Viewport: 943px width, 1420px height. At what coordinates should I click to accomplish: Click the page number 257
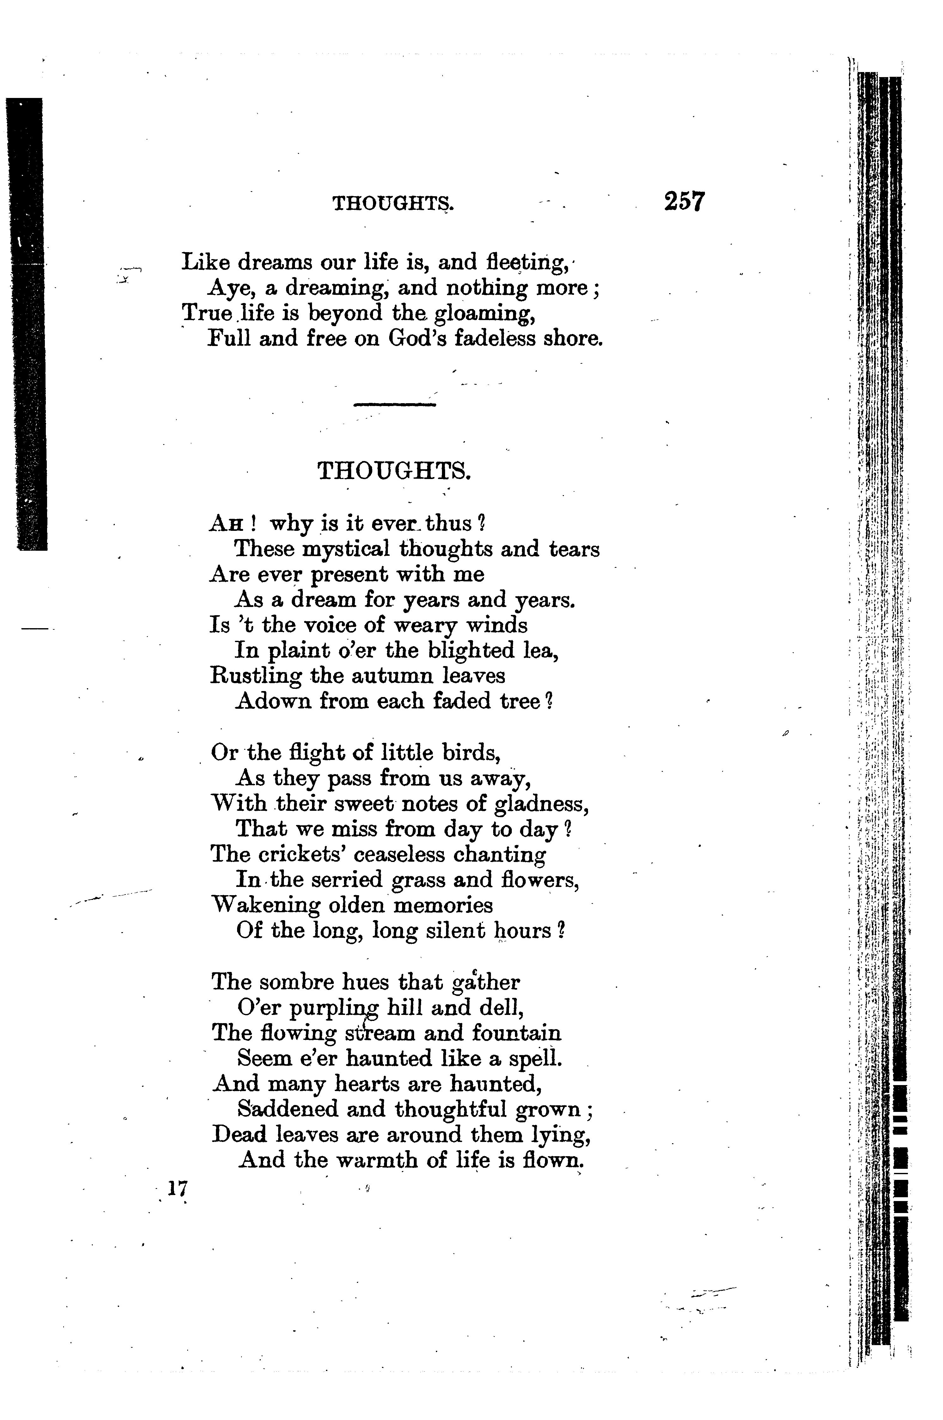[684, 201]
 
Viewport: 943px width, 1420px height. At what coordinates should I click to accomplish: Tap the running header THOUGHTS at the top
[393, 204]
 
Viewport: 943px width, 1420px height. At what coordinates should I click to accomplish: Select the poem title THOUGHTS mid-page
[394, 470]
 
